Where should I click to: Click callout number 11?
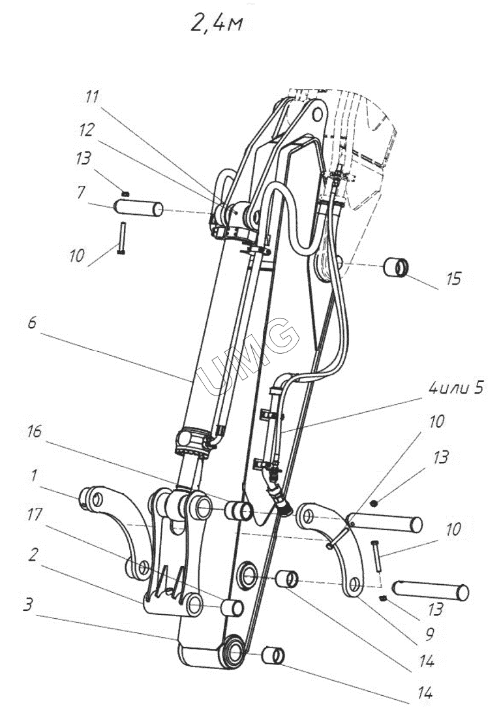93,97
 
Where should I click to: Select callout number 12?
86,130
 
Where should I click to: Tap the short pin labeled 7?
138,209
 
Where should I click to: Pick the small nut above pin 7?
127,193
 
